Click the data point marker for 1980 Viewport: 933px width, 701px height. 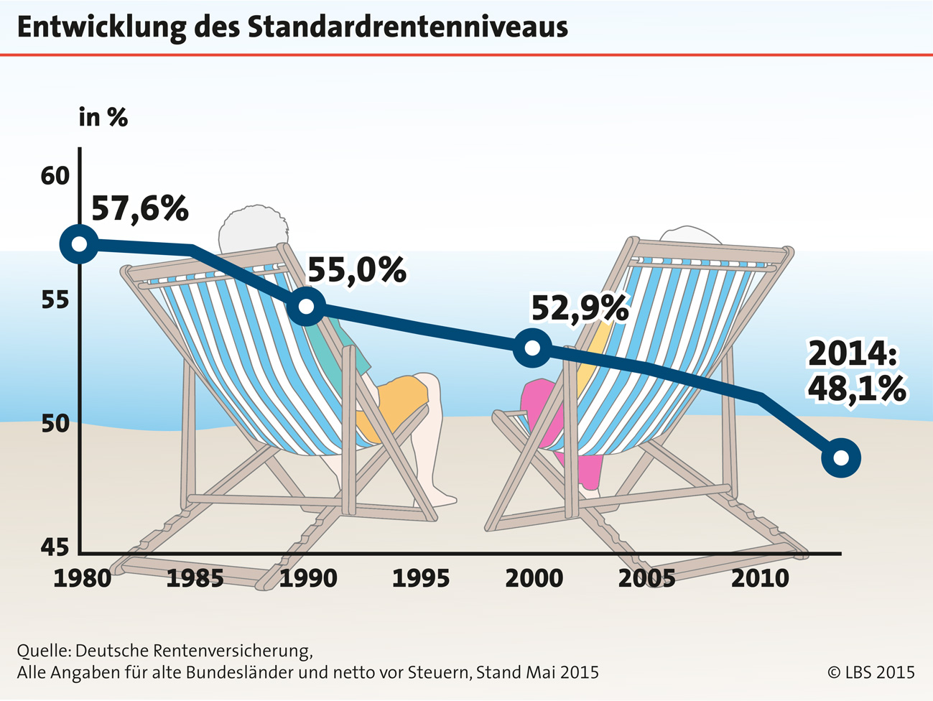tap(80, 244)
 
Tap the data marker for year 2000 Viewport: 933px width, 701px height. tap(532, 348)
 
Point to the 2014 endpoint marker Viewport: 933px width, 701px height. tap(840, 458)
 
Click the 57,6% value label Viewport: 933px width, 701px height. tap(140, 208)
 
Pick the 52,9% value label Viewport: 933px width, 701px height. tap(580, 309)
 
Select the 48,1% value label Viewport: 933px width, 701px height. tap(856, 389)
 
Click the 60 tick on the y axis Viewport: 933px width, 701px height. tap(55, 176)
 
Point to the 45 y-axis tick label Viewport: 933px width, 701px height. tap(55, 548)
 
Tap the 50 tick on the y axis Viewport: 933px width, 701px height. tap(55, 424)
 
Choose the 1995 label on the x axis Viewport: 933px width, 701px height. tap(421, 578)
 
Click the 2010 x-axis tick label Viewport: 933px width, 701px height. tap(760, 578)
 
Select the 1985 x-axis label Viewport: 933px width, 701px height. tap(195, 578)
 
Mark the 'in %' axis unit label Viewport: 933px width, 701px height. tap(103, 118)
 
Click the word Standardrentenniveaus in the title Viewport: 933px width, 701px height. tap(407, 27)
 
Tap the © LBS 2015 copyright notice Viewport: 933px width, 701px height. tap(871, 673)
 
